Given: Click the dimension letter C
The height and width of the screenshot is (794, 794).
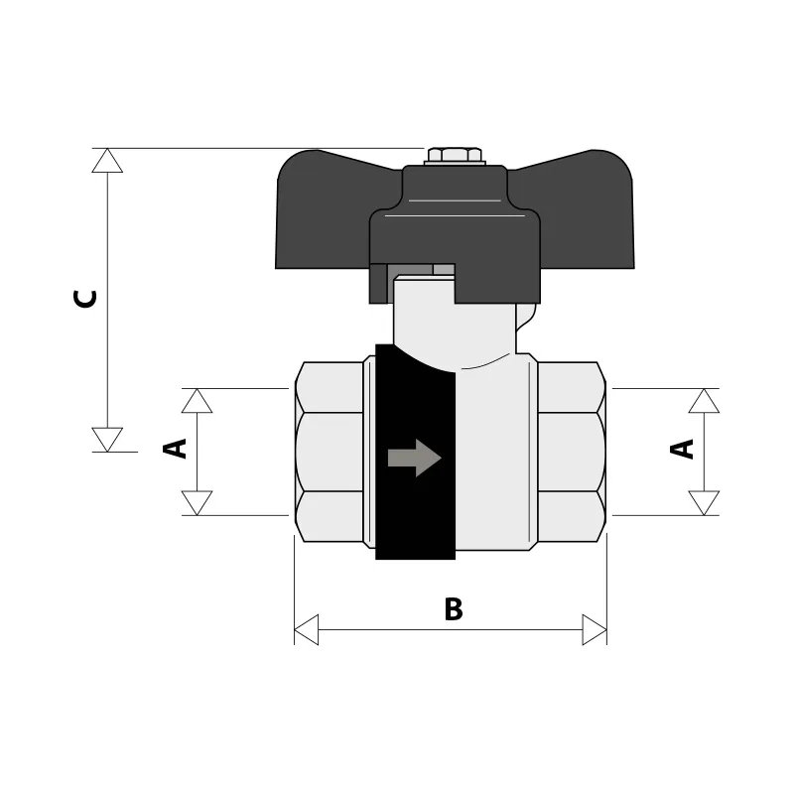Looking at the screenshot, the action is [x=84, y=299].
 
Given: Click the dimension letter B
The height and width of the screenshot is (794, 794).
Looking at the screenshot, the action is [x=454, y=609].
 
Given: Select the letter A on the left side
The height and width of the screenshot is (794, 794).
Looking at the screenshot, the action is [x=175, y=449].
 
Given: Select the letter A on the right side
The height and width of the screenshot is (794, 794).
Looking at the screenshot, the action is [x=682, y=450].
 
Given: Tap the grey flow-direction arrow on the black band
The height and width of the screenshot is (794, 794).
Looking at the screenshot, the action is [x=414, y=458].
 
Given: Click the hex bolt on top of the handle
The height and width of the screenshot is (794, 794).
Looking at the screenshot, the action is [x=455, y=156].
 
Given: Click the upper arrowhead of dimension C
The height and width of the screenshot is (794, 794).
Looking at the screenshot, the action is [x=107, y=161].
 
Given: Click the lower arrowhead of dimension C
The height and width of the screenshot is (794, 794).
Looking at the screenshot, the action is [x=107, y=440].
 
